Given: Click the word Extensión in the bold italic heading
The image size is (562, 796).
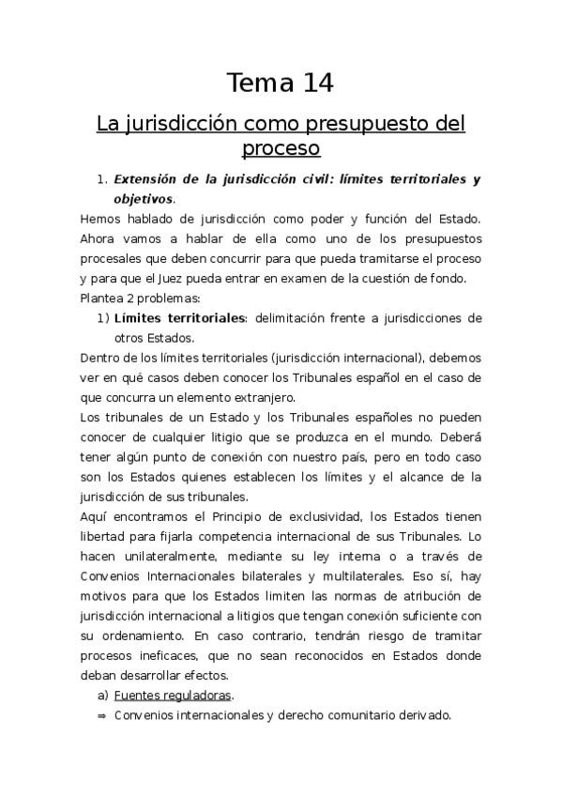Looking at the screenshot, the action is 146,178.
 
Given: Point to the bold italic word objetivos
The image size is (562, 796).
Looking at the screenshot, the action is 143,198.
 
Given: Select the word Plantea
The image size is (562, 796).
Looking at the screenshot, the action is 103,298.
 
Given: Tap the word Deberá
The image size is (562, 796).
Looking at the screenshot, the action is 461,436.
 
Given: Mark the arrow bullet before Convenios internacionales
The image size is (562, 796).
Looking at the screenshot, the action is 101,715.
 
